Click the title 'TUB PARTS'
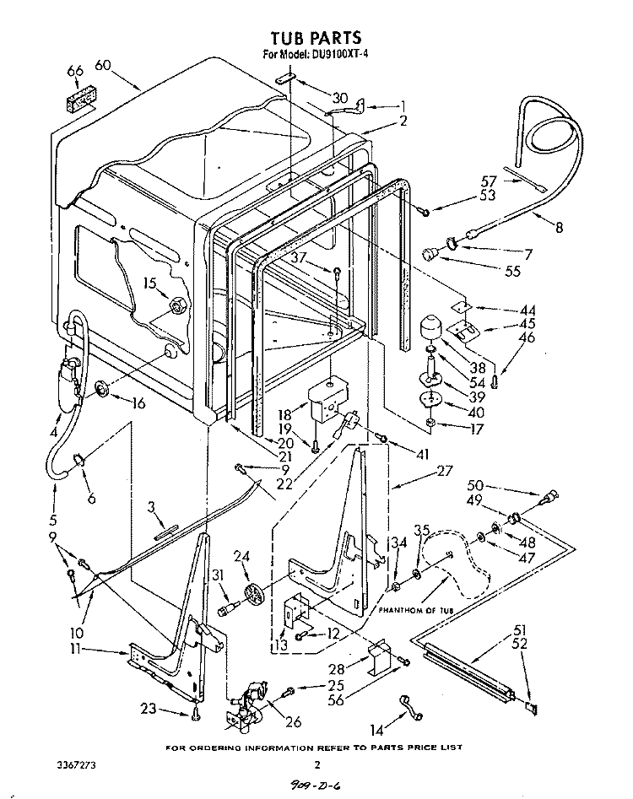[x=316, y=37]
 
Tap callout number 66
[x=75, y=73]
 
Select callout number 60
[x=104, y=65]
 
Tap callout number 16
[x=137, y=403]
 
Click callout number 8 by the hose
[x=558, y=226]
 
